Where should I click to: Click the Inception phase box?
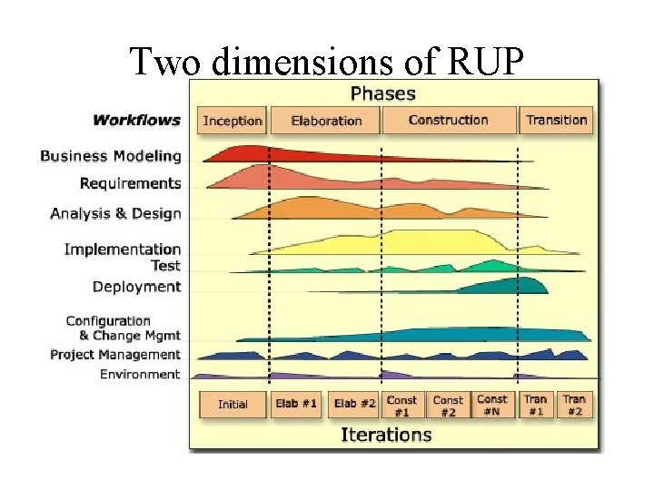tap(233, 121)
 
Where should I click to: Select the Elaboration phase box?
tap(326, 121)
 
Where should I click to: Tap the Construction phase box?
tap(448, 121)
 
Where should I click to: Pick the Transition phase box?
tap(556, 121)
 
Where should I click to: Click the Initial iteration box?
tap(233, 405)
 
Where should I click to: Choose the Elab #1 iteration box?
tap(296, 405)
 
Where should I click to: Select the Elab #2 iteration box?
tap(354, 405)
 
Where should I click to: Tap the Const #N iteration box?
tap(492, 405)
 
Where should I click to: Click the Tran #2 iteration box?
tap(574, 405)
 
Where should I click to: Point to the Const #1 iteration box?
tap(401, 405)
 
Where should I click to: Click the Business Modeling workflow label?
tap(111, 156)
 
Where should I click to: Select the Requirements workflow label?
tap(130, 183)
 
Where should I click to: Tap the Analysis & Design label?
tap(115, 214)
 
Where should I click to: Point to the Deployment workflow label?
tap(136, 287)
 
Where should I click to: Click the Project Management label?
tap(115, 355)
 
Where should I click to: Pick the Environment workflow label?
tap(140, 374)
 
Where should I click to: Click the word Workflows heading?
tap(136, 120)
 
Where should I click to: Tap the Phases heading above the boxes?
tap(382, 93)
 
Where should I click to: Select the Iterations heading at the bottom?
tap(386, 434)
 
